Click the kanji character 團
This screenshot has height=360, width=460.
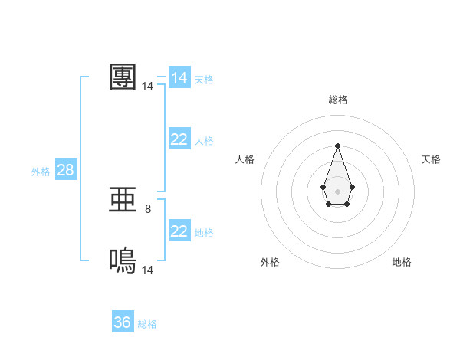123,77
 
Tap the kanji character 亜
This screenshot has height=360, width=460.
123,201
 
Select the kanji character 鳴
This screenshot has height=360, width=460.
123,261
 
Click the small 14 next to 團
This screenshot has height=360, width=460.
148,87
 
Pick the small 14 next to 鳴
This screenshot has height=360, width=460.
148,270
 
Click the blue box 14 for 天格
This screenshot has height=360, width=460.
179,78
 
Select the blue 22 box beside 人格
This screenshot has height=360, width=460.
179,139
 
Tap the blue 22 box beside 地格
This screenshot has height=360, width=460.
179,231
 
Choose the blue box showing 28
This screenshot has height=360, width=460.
65,170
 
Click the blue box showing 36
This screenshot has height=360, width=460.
123,322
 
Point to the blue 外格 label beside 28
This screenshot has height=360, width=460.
41,172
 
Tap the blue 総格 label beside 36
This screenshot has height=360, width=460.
147,324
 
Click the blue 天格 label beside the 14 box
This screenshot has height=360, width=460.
204,80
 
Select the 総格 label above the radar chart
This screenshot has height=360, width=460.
338,100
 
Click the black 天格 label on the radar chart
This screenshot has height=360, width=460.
431,159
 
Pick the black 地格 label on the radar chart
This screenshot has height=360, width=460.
402,262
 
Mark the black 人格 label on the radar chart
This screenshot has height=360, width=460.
245,159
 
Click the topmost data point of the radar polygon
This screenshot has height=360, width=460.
337,146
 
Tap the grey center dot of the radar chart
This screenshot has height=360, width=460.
337,190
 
